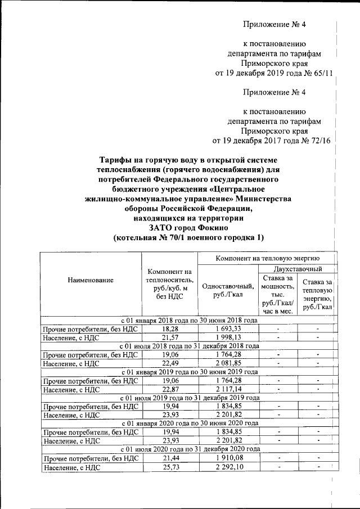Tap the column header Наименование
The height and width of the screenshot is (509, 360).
(x=91, y=280)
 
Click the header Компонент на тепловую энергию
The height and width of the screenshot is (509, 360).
(x=268, y=258)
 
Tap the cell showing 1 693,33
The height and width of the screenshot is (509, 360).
(x=227, y=328)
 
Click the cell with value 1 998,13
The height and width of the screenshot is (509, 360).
(x=227, y=337)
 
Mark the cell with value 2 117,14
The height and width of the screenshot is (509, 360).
(x=227, y=389)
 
